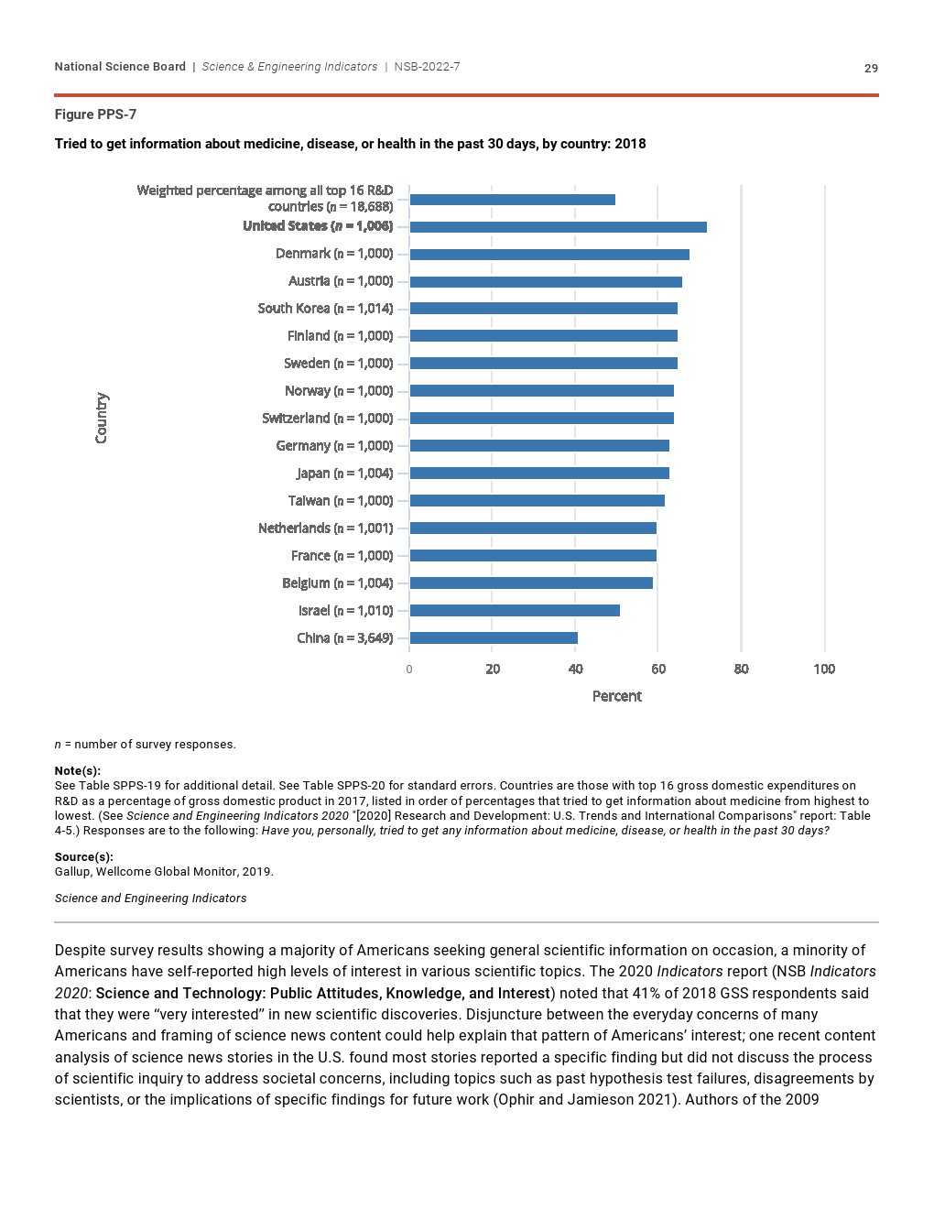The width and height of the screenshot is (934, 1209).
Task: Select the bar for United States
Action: click(x=558, y=226)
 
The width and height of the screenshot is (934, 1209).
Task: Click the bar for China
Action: click(x=494, y=638)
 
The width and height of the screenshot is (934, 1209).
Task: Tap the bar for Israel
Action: click(x=515, y=611)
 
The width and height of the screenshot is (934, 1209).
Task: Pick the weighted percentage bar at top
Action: click(x=512, y=199)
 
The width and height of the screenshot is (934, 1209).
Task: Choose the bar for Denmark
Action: click(x=549, y=254)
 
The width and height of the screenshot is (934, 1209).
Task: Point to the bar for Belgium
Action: click(x=531, y=583)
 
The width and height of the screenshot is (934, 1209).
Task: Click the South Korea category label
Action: click(x=325, y=309)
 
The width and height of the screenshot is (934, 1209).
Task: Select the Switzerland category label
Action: click(x=327, y=419)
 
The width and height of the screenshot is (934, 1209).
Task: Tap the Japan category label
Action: click(x=344, y=474)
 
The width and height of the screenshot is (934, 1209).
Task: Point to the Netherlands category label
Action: click(x=325, y=528)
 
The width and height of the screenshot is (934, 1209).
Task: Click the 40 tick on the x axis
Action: click(x=575, y=670)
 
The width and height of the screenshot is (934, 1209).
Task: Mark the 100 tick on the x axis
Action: click(x=824, y=670)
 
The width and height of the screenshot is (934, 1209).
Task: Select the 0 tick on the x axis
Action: click(x=409, y=670)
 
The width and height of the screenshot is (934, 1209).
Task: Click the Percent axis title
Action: click(x=616, y=696)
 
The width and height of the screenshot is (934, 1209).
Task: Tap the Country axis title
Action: click(x=102, y=419)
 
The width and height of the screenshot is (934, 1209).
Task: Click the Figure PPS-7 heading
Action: click(x=95, y=114)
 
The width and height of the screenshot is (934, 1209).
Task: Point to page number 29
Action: click(x=871, y=68)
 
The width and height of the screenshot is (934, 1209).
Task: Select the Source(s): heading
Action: click(x=83, y=857)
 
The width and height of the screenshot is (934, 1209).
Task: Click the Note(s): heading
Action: click(x=77, y=771)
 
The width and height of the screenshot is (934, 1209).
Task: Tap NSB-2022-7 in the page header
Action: click(x=427, y=67)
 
